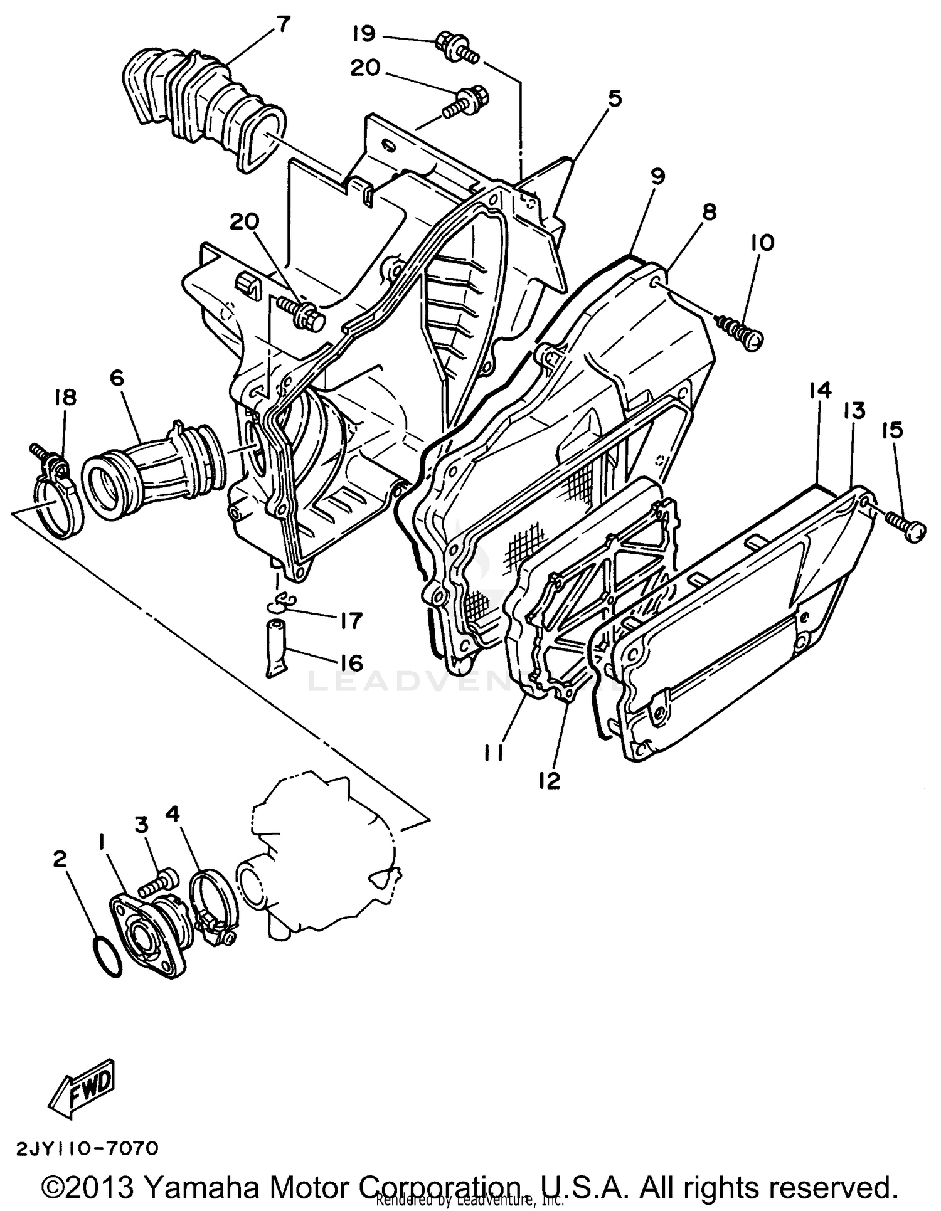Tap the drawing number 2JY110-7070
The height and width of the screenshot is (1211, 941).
click(82, 1149)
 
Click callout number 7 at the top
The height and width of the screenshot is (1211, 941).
click(283, 25)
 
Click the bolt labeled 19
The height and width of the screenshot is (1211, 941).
click(456, 47)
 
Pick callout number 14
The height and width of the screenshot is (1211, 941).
click(820, 390)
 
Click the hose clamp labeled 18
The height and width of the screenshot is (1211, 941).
click(60, 496)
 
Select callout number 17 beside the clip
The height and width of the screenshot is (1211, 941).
click(351, 621)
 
